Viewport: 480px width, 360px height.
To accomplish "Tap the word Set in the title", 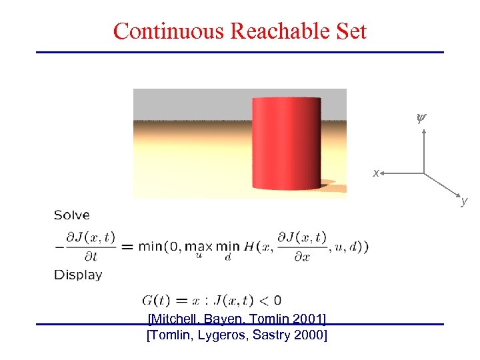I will click(x=353, y=31).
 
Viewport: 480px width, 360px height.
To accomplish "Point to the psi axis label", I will click(x=420, y=119).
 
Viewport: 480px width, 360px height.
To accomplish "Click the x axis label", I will click(x=376, y=173).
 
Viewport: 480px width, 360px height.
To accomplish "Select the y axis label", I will click(x=464, y=200).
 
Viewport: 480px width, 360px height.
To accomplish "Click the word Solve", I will click(x=71, y=215).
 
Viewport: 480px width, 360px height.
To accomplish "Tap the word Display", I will click(x=78, y=275).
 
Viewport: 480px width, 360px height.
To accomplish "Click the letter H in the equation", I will click(x=249, y=246).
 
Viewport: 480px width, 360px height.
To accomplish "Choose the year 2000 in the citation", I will click(x=309, y=335).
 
